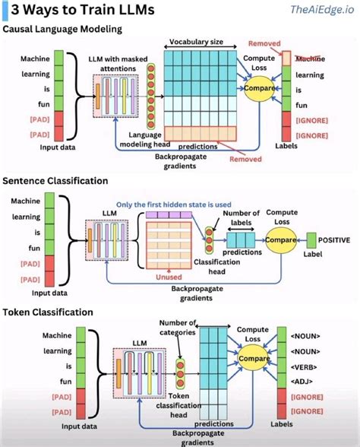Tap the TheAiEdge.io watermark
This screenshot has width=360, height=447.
pyautogui.click(x=320, y=9)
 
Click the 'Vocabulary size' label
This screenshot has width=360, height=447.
pyautogui.click(x=196, y=41)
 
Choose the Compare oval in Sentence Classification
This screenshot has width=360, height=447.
pyautogui.click(x=280, y=242)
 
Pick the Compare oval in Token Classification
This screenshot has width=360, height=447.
pyautogui.click(x=252, y=358)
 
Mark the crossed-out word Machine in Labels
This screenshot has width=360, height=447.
pyautogui.click(x=309, y=59)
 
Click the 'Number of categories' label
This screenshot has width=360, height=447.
pyautogui.click(x=178, y=327)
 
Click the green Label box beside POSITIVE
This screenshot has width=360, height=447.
pyautogui.click(x=311, y=241)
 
